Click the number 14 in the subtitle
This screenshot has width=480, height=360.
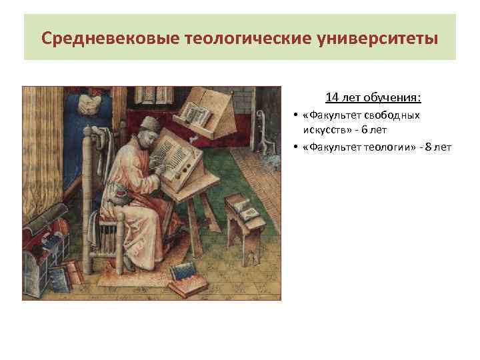click(332, 98)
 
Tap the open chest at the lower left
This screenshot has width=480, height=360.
click(43, 250)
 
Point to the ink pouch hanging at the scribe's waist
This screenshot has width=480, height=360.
click(123, 195)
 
